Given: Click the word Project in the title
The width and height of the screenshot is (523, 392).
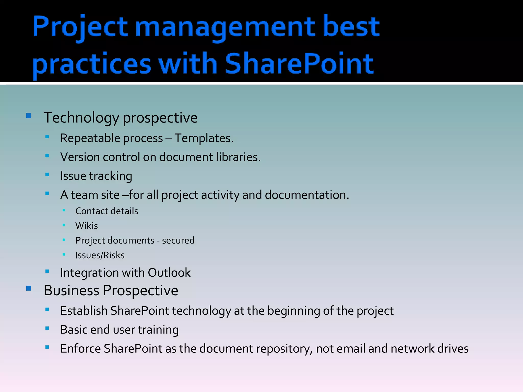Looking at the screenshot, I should coord(80,27).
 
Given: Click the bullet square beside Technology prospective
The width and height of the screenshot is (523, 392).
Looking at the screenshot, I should coord(29,116).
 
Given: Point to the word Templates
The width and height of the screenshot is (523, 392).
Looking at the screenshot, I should coord(204,138).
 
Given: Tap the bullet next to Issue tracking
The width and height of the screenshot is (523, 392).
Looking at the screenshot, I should coord(47,175).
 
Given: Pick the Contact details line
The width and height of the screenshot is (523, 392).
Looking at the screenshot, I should coord(106,211).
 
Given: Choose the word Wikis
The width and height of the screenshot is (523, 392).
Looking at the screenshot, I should coord(86,226).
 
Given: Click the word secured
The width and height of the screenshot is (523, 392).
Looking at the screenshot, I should coord(178,240).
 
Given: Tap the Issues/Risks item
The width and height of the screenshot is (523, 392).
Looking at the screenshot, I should coord(100,255).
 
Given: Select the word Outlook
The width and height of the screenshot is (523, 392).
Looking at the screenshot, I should coord(169,273).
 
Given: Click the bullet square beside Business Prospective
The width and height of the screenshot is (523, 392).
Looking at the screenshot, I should coord(29,288).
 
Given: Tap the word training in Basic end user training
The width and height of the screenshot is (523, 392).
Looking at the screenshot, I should coord(158,330).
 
